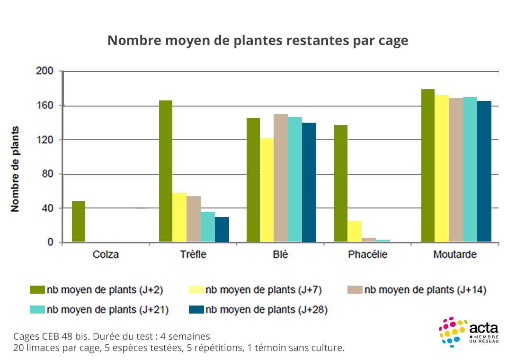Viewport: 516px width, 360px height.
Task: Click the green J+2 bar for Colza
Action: click(x=79, y=222)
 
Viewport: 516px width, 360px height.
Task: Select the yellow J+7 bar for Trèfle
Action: click(x=179, y=218)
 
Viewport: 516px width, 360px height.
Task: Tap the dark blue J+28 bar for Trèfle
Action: click(x=222, y=230)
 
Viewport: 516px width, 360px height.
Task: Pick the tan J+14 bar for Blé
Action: click(x=281, y=178)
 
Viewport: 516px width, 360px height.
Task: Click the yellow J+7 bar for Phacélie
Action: click(x=355, y=232)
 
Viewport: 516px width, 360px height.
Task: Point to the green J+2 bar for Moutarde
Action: click(x=428, y=166)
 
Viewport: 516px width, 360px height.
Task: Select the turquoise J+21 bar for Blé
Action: click(x=295, y=180)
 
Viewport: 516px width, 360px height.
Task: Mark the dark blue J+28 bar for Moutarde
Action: click(x=484, y=171)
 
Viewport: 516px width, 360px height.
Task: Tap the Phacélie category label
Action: click(x=368, y=255)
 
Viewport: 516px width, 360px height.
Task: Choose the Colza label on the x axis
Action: click(x=106, y=255)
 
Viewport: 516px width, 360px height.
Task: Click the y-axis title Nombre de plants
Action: click(x=15, y=169)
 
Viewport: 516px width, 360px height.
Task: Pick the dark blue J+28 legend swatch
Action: click(x=196, y=310)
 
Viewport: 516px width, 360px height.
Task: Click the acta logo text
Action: click(x=483, y=327)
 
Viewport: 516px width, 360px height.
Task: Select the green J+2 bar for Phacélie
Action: click(x=341, y=184)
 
